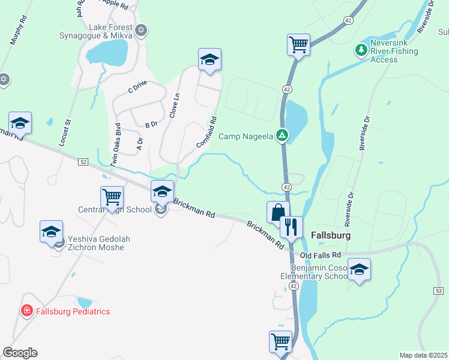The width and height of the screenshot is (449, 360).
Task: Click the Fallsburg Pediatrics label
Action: click(73, 311)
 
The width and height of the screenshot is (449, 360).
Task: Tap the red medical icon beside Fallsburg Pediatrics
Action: click(27, 311)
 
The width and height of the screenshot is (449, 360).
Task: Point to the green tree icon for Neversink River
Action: click(361, 49)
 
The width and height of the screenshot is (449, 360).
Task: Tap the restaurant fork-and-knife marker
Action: click(291, 227)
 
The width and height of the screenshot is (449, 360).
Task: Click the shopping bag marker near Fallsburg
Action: click(278, 212)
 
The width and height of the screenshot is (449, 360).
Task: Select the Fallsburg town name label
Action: click(331, 235)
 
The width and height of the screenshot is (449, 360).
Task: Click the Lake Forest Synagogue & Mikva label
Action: click(109, 31)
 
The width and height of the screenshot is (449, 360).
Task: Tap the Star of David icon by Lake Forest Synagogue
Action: click(142, 29)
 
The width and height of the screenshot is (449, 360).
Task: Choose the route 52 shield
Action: click(83, 162)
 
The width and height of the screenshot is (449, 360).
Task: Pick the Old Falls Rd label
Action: click(321, 256)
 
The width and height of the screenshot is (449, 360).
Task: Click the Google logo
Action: click(20, 353)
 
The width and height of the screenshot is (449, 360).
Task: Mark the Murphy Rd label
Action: click(19, 31)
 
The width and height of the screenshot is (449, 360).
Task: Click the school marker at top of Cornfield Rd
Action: click(209, 59)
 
